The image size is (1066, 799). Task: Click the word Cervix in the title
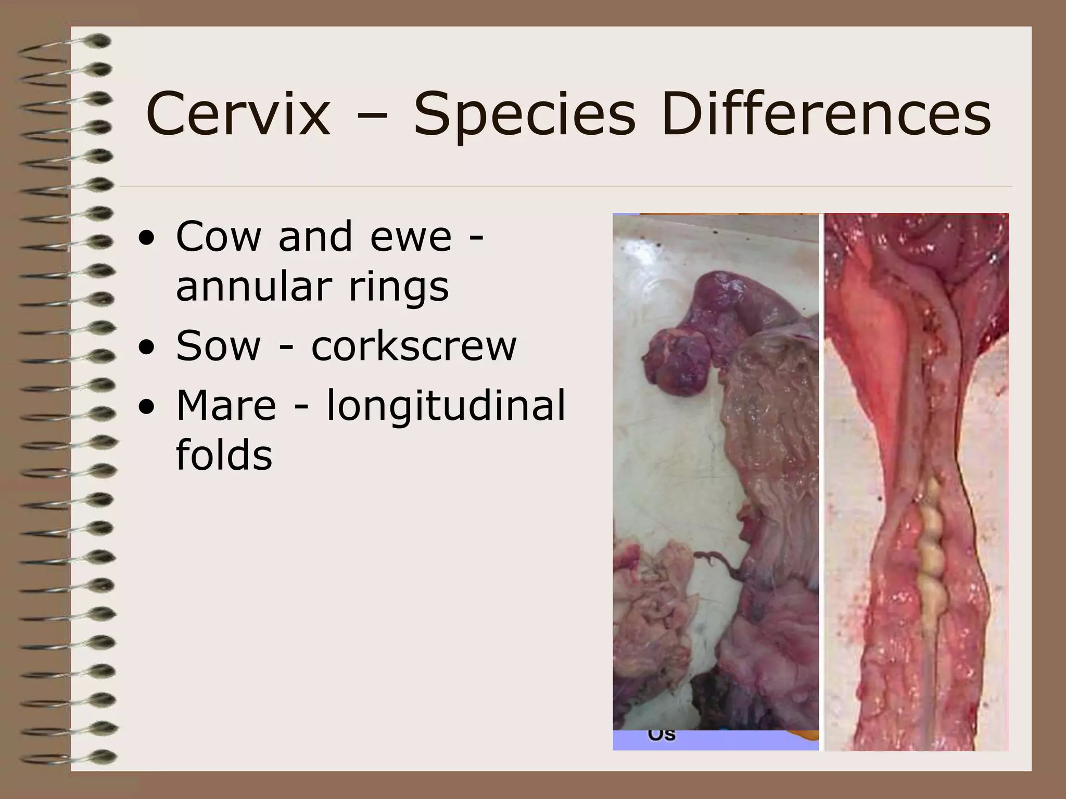point(238,114)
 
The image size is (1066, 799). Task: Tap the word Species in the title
point(524,114)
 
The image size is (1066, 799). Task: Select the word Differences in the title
point(826,114)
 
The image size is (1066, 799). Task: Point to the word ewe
point(411,237)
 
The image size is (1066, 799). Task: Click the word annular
point(253,287)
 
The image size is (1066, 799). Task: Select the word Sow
point(218,346)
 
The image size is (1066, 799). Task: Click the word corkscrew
point(414,346)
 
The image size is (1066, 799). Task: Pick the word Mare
point(226,405)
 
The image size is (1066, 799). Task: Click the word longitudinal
point(446,405)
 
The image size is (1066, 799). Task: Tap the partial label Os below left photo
point(662,735)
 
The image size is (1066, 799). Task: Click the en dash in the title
point(372,118)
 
